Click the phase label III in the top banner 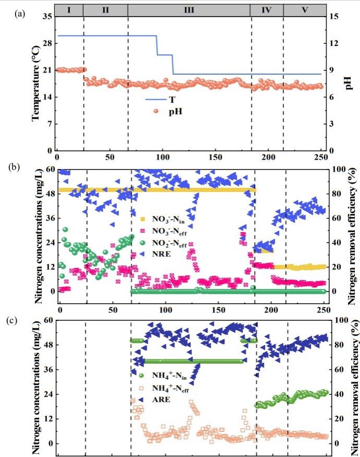pos(189,9)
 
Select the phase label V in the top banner pos(305,9)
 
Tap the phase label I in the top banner pos(69,9)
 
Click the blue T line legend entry pos(154,99)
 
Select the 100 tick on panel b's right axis pos(338,169)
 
